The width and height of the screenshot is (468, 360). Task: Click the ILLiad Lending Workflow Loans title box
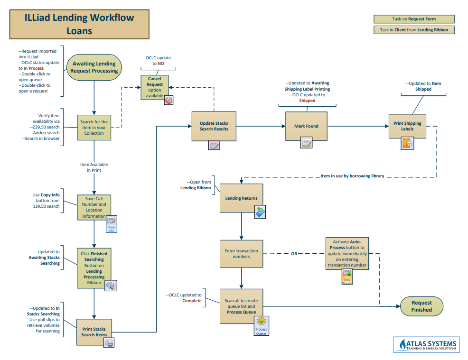pos(79,25)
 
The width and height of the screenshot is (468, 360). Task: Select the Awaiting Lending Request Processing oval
pos(94,67)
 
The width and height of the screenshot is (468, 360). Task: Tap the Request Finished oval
pos(421,306)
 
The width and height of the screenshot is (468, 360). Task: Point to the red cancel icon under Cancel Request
pos(168,100)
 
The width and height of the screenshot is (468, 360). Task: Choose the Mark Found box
pos(306,126)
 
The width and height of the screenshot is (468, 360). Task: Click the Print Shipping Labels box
pos(407,126)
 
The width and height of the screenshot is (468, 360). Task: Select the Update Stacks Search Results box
pos(214,126)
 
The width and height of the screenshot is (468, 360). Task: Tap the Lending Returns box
pos(241,198)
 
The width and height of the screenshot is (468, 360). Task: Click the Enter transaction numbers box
pos(241,254)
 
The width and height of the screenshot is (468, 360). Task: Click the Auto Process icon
pos(347,276)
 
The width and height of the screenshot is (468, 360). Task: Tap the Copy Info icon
pos(112,224)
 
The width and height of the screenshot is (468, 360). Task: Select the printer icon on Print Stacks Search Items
pos(109,343)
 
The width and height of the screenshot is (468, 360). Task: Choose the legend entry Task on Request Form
pos(414,19)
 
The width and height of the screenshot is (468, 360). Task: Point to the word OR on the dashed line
pos(294,254)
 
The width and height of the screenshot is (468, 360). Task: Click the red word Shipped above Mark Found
pos(307,101)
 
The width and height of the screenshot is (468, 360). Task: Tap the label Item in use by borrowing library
pos(352,176)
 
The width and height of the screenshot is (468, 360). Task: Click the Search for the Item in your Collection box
pos(94,128)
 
